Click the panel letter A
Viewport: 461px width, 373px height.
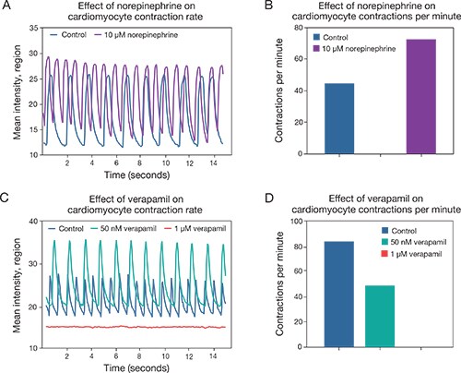click(x=7, y=7)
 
